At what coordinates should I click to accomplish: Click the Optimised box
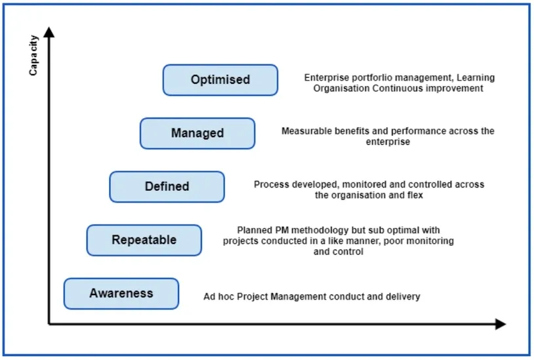(x=220, y=80)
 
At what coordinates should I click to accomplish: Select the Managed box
(x=197, y=133)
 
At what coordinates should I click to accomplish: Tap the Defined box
(x=167, y=187)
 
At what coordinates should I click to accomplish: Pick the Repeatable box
(x=144, y=240)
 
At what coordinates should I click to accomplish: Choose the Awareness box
(x=121, y=293)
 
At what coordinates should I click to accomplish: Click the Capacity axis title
(x=33, y=56)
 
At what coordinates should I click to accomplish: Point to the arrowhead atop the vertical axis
(x=49, y=32)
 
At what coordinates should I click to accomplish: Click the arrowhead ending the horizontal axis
(x=500, y=324)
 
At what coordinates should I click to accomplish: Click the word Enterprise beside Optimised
(x=326, y=78)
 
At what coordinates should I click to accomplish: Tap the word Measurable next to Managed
(x=304, y=131)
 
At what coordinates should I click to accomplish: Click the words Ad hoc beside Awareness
(x=218, y=297)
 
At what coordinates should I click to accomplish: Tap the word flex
(x=415, y=195)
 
